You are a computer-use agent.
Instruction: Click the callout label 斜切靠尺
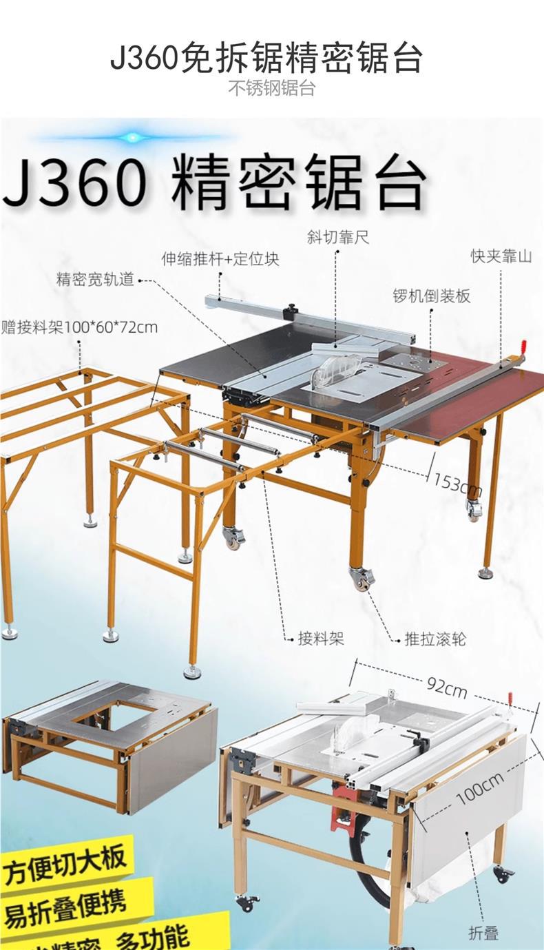click(x=338, y=237)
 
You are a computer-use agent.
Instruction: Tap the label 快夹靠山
click(x=501, y=257)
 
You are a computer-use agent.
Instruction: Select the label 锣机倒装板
click(x=431, y=296)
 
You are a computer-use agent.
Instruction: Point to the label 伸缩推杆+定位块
click(x=220, y=260)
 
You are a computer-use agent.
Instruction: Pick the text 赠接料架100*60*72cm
click(x=79, y=327)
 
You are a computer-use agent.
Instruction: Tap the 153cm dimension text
click(x=457, y=484)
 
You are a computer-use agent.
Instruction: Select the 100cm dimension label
click(x=480, y=785)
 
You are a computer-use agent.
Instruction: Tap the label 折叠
click(x=483, y=933)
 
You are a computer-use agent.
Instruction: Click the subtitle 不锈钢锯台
click(x=271, y=88)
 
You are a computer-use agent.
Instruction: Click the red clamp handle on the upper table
click(x=523, y=347)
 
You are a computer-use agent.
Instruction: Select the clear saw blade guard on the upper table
click(x=335, y=369)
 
